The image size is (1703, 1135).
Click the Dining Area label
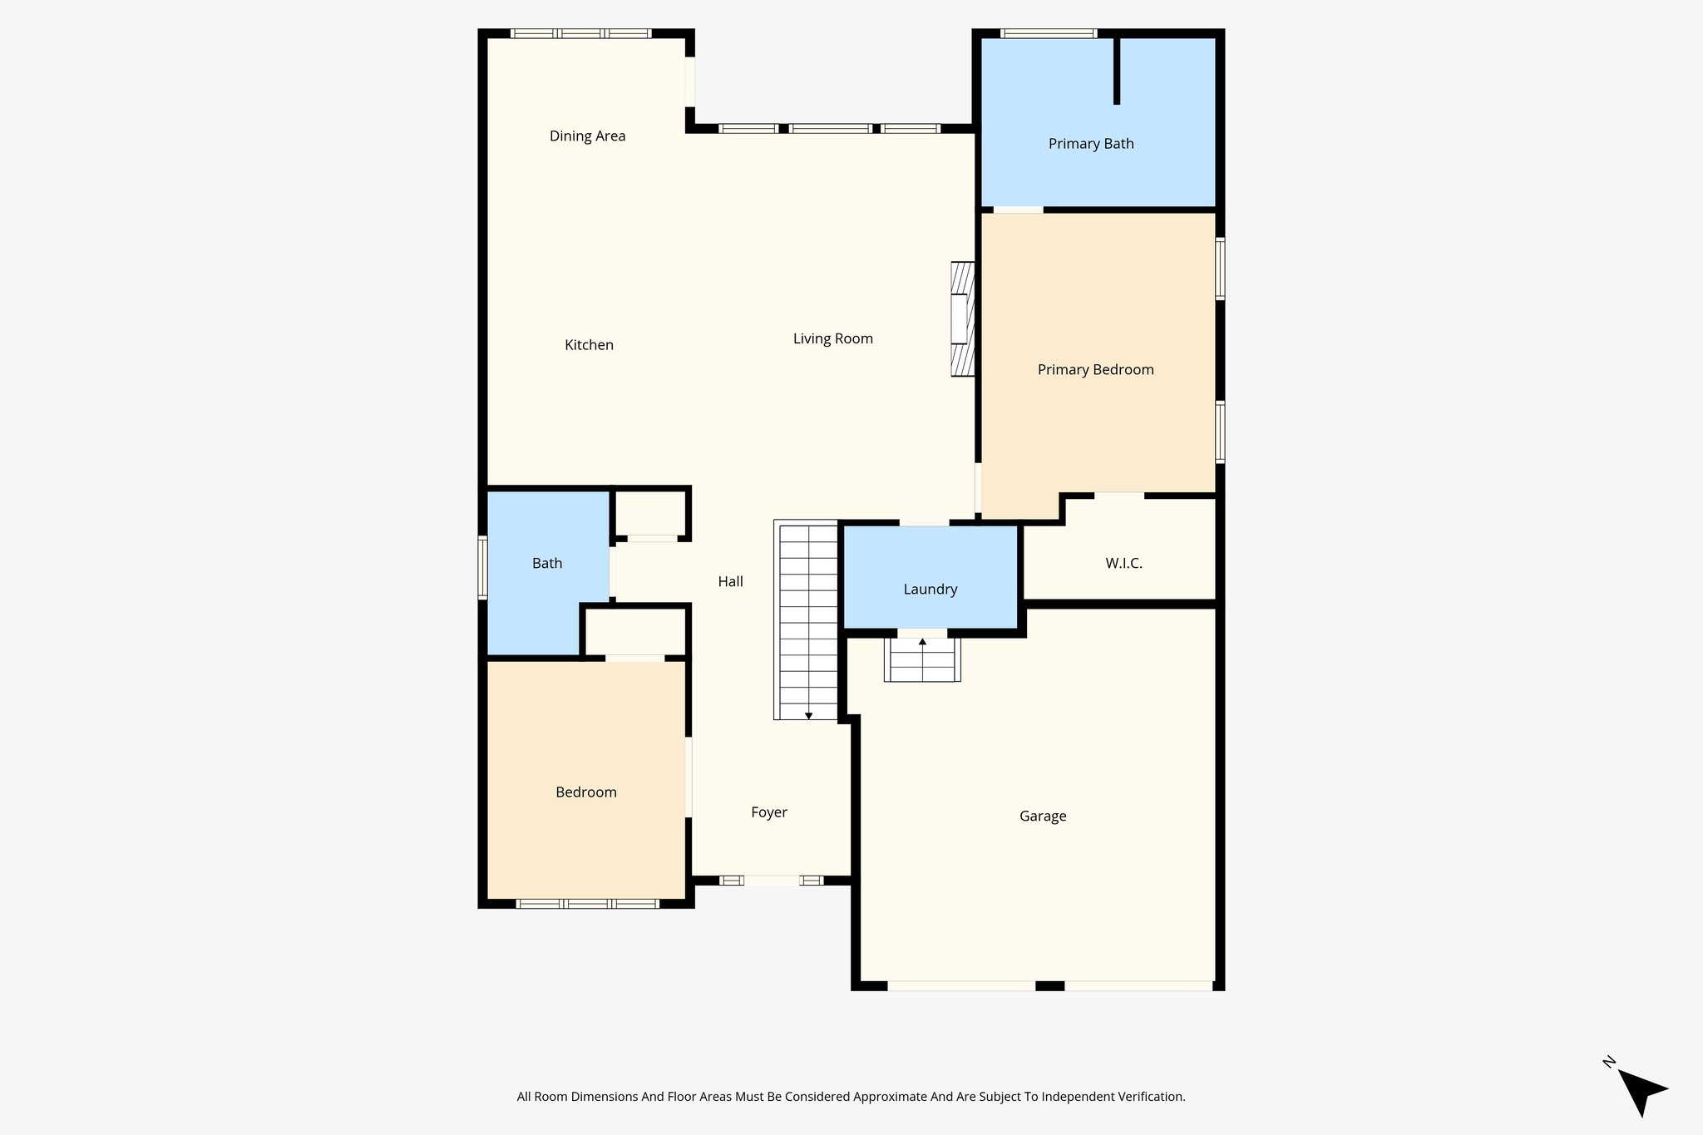pos(587,136)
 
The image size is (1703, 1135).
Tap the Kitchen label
pos(589,345)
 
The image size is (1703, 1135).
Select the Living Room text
pos(832,338)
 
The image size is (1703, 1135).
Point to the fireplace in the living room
pos(962,319)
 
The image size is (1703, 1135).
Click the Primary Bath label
pos(1090,144)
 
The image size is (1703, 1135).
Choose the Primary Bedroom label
pos(1095,370)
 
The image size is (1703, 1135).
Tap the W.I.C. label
pos(1123,564)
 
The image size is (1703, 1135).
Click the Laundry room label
pos(930,590)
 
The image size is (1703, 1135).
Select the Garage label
pos(1043,817)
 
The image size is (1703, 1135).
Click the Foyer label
pos(768,812)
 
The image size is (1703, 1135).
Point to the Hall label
pos(730,582)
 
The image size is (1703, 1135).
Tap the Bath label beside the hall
pos(547,564)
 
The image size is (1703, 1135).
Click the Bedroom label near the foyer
pos(586,792)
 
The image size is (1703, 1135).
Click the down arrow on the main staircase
pos(808,716)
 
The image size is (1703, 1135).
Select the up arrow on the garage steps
pos(922,642)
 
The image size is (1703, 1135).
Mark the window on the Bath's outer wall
pos(482,568)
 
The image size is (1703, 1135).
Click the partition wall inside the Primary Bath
pos(1117,71)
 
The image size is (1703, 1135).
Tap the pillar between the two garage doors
pos(1049,986)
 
